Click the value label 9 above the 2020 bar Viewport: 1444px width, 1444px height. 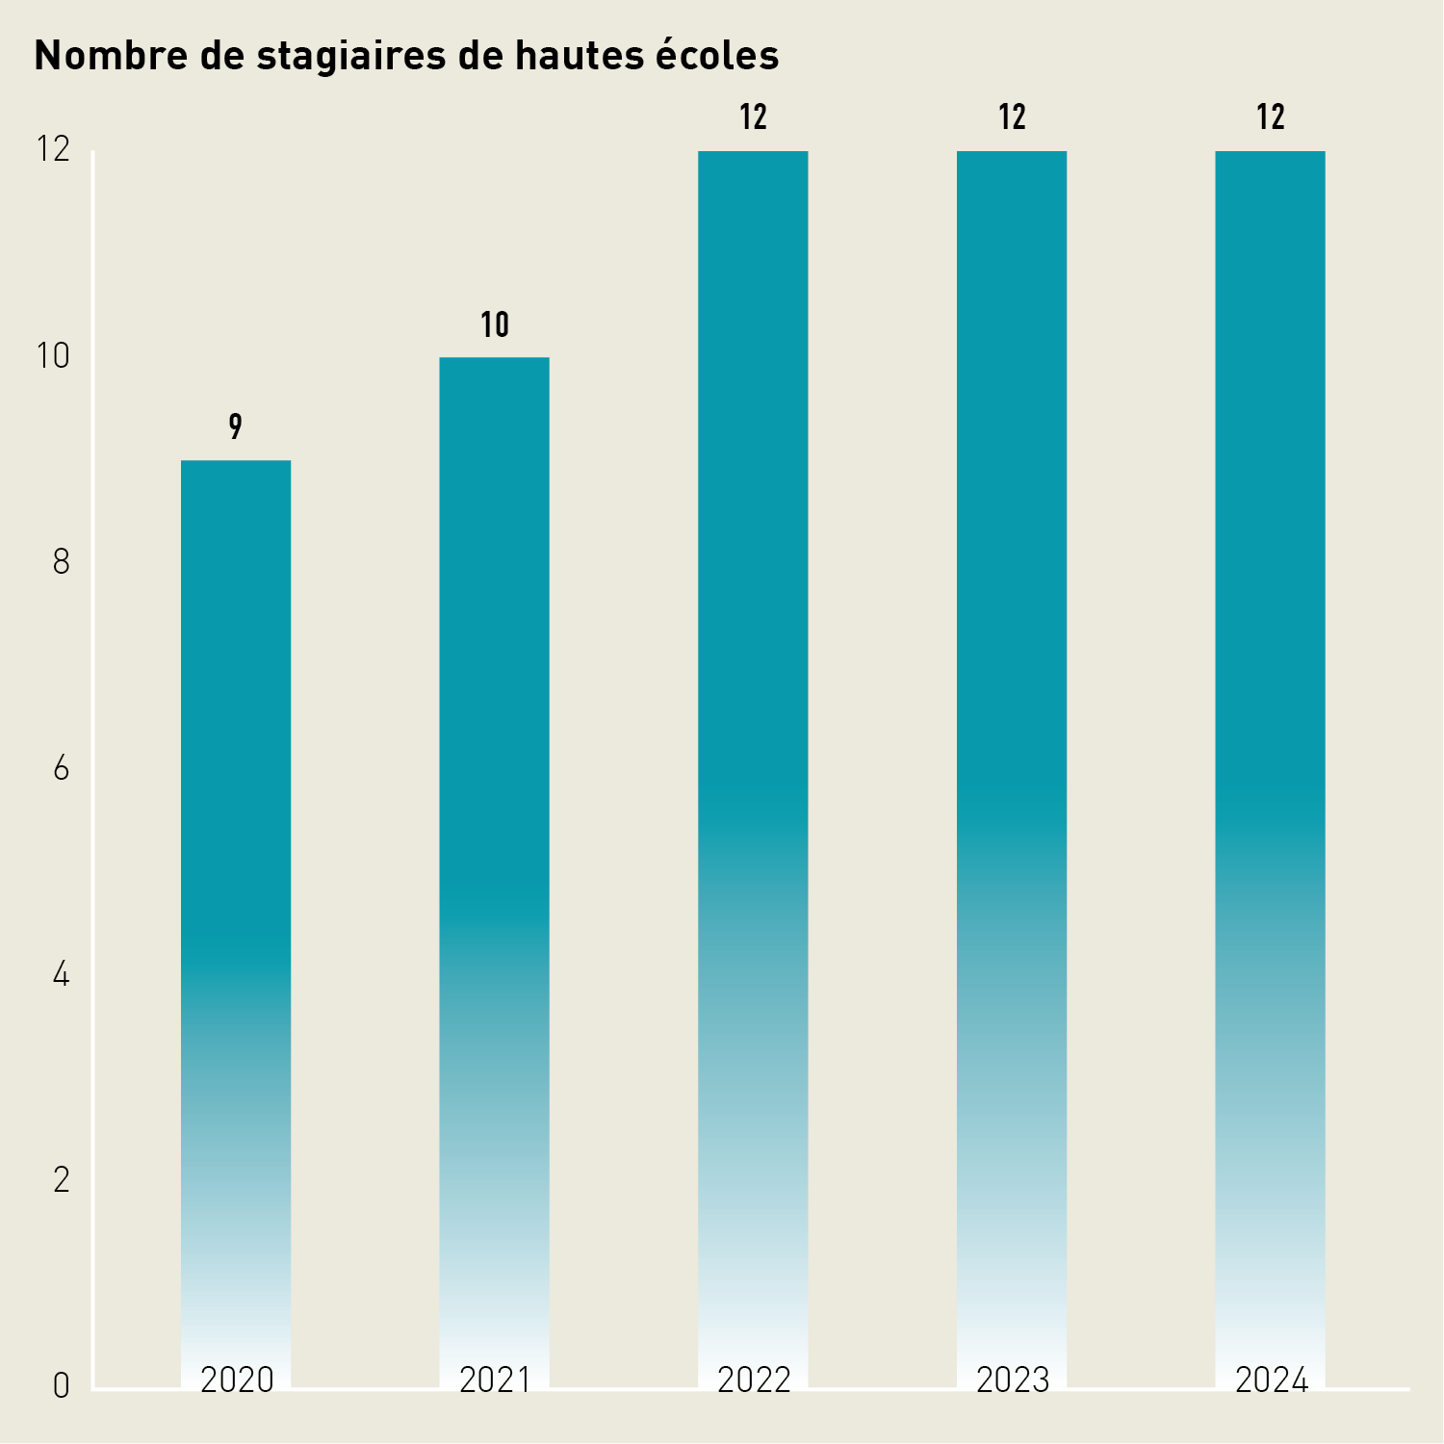[x=236, y=426]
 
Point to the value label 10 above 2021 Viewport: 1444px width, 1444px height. [x=495, y=325]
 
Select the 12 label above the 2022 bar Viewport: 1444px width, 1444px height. [x=753, y=117]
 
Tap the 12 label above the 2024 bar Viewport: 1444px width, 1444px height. [x=1271, y=117]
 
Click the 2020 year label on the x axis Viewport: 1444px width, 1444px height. [x=237, y=1380]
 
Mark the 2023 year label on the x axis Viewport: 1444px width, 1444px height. [x=1013, y=1380]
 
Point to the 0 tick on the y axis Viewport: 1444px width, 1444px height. [x=62, y=1387]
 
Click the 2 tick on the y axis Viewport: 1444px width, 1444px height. [x=62, y=1180]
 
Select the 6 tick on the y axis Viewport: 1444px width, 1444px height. [x=62, y=769]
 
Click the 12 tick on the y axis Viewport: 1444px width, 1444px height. [x=53, y=149]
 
